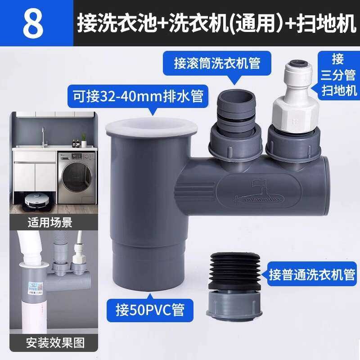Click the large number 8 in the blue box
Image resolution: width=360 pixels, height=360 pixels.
pyautogui.click(x=33, y=23)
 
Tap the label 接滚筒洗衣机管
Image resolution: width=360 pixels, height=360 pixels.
pyautogui.click(x=217, y=63)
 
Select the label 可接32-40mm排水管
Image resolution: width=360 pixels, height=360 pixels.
pyautogui.click(x=138, y=96)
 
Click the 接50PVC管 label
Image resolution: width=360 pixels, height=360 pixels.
pyautogui.click(x=150, y=310)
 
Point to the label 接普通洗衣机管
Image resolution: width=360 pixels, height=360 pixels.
pyautogui.click(x=312, y=274)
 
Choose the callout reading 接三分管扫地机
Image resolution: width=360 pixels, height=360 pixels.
pyautogui.click(x=338, y=75)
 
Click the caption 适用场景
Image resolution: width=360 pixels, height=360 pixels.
pyautogui.click(x=50, y=222)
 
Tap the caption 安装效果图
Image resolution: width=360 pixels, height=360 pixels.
pyautogui.click(x=55, y=343)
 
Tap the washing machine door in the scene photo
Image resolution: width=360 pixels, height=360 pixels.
pyautogui.click(x=76, y=177)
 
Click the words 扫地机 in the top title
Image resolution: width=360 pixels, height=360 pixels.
pyautogui.click(x=326, y=23)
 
